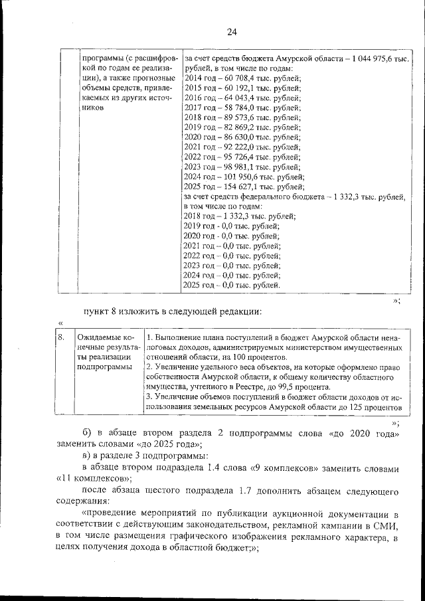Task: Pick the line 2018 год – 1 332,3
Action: coord(239,216)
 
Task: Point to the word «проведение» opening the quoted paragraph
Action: coord(109,514)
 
